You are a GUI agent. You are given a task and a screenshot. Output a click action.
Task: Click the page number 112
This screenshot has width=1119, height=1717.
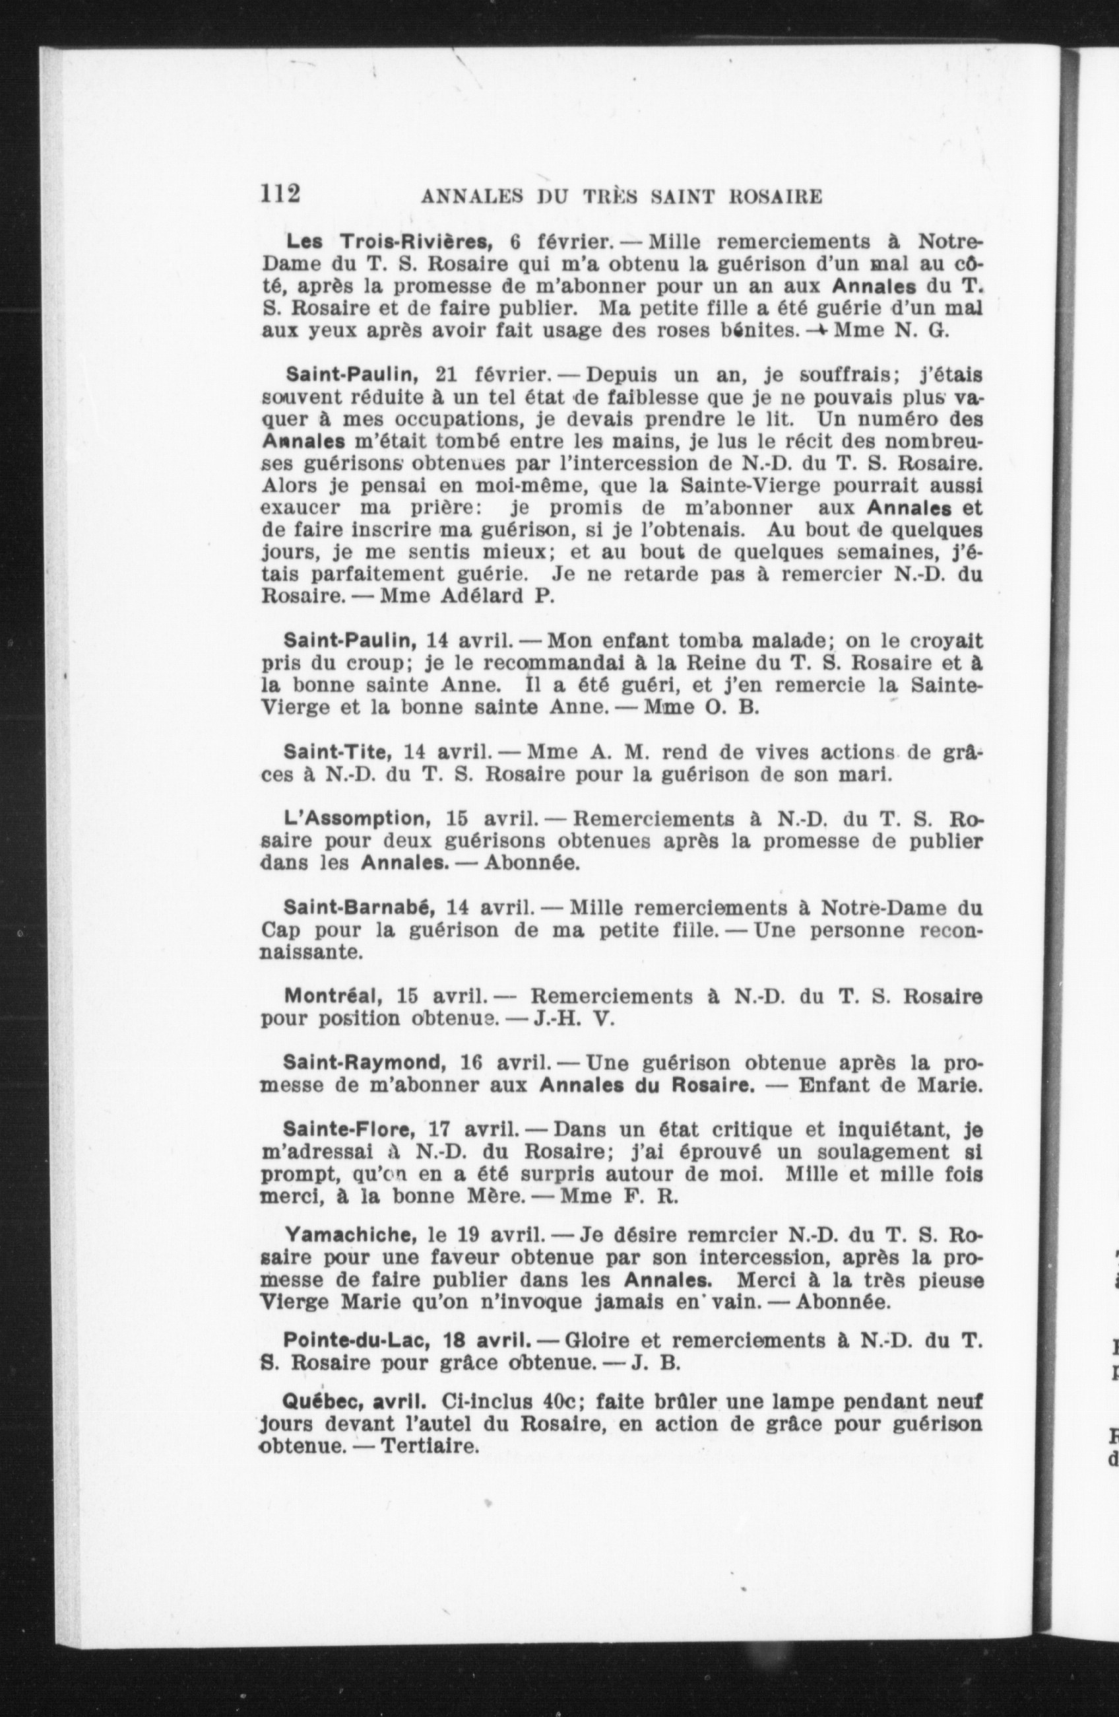point(280,194)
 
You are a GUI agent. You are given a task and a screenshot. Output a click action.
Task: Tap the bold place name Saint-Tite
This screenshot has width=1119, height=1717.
point(337,752)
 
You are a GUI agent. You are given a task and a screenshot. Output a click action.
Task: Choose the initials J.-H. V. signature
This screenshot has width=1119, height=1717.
point(573,1019)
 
